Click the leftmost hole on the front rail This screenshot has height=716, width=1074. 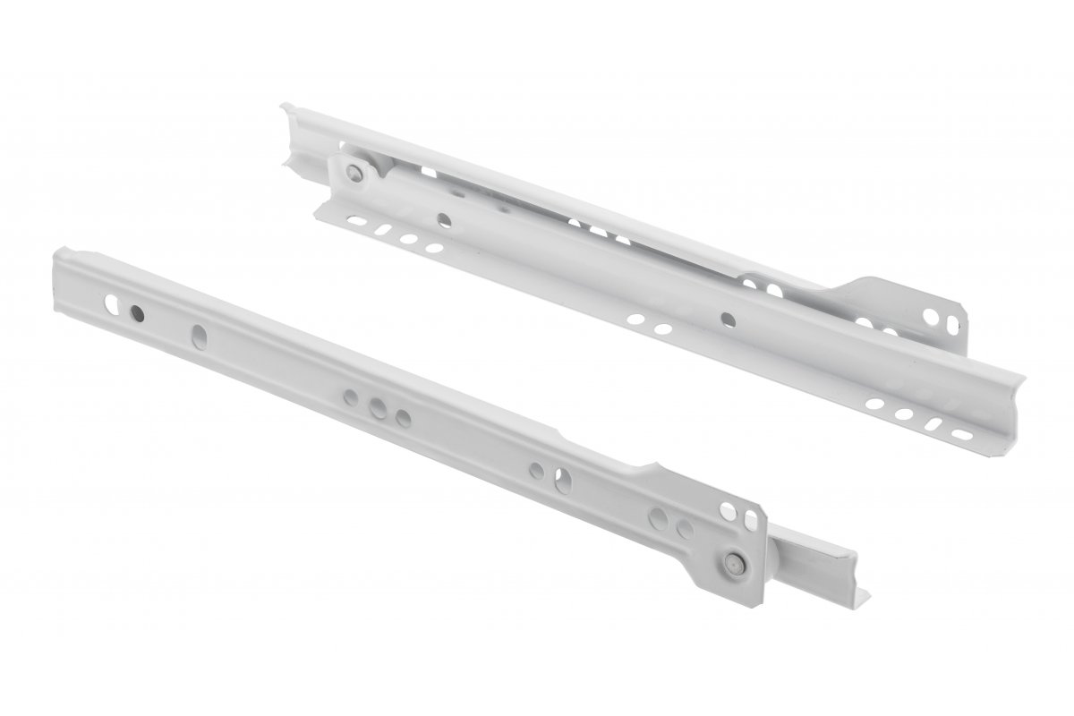(114, 302)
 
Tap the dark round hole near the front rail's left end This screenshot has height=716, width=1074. (137, 312)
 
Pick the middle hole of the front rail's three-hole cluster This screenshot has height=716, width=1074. (379, 408)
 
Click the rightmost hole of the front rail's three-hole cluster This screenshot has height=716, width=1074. (403, 417)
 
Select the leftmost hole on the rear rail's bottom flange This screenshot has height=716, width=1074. (354, 220)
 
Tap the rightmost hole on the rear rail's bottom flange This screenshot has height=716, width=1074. (961, 434)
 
